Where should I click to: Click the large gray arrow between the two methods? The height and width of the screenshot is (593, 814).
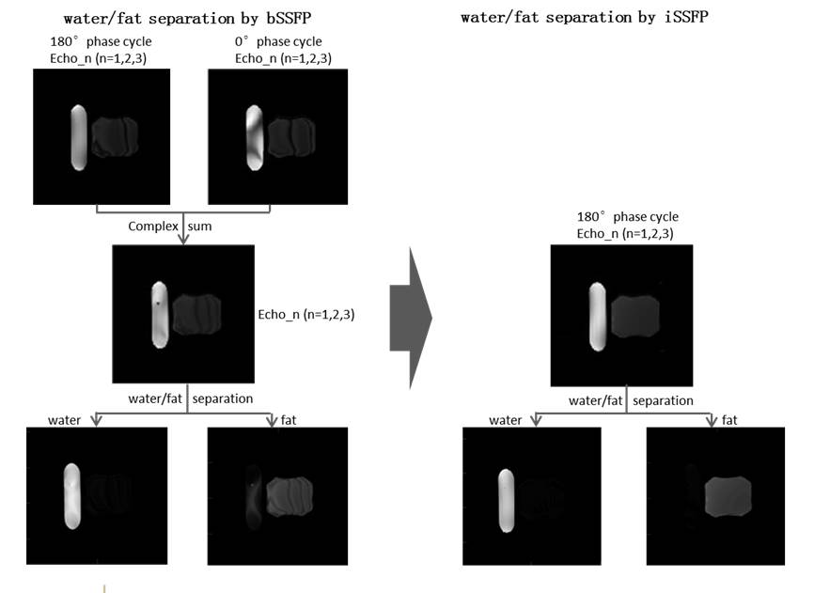pyautogui.click(x=411, y=318)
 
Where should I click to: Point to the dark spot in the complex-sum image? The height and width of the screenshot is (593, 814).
pyautogui.click(x=158, y=304)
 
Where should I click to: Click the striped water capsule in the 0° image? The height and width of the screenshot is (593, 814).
pyautogui.click(x=253, y=137)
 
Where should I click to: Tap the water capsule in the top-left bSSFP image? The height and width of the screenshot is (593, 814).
pyautogui.click(x=78, y=137)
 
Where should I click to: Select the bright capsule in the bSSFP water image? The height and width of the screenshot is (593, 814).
pyautogui.click(x=72, y=495)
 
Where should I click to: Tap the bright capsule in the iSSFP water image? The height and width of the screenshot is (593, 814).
pyautogui.click(x=506, y=499)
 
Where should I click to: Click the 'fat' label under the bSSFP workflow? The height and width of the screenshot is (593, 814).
pyautogui.click(x=290, y=418)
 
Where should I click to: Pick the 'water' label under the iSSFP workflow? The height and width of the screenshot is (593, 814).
pyautogui.click(x=506, y=418)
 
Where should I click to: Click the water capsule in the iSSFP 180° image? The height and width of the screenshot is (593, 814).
pyautogui.click(x=595, y=316)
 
